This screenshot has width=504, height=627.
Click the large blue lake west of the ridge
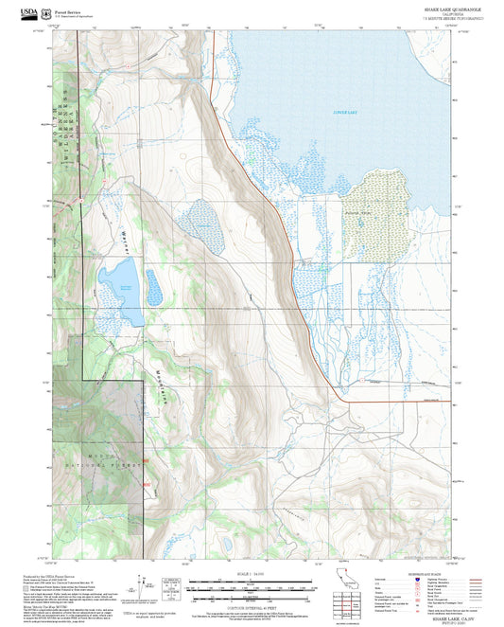point(121,288)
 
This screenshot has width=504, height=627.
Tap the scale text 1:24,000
point(251,573)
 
